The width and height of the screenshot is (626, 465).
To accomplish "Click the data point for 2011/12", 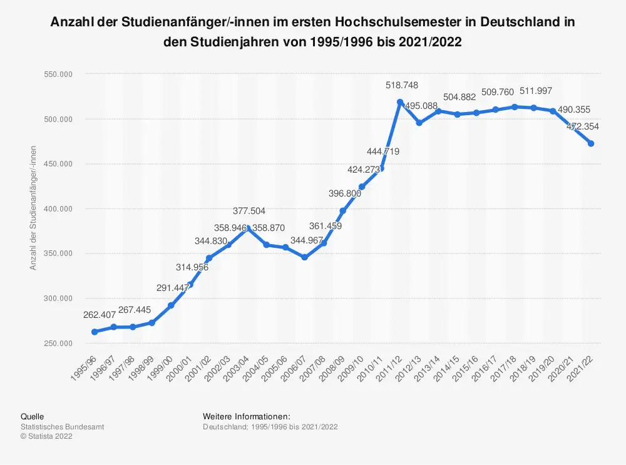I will pyautogui.click(x=399, y=102).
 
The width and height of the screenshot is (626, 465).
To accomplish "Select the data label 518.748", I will pyautogui.click(x=401, y=85).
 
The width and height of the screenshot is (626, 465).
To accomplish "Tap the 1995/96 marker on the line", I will pyautogui.click(x=95, y=332).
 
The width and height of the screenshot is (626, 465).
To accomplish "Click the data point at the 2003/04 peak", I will pyautogui.click(x=249, y=228).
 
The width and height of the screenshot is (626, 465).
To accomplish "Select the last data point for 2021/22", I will pyautogui.click(x=591, y=143).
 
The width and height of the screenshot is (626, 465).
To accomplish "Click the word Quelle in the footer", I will pyautogui.click(x=32, y=416).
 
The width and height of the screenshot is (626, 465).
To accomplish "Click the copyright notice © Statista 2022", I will pyautogui.click(x=46, y=437).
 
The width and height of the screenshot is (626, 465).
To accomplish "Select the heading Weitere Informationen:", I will pyautogui.click(x=246, y=416).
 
